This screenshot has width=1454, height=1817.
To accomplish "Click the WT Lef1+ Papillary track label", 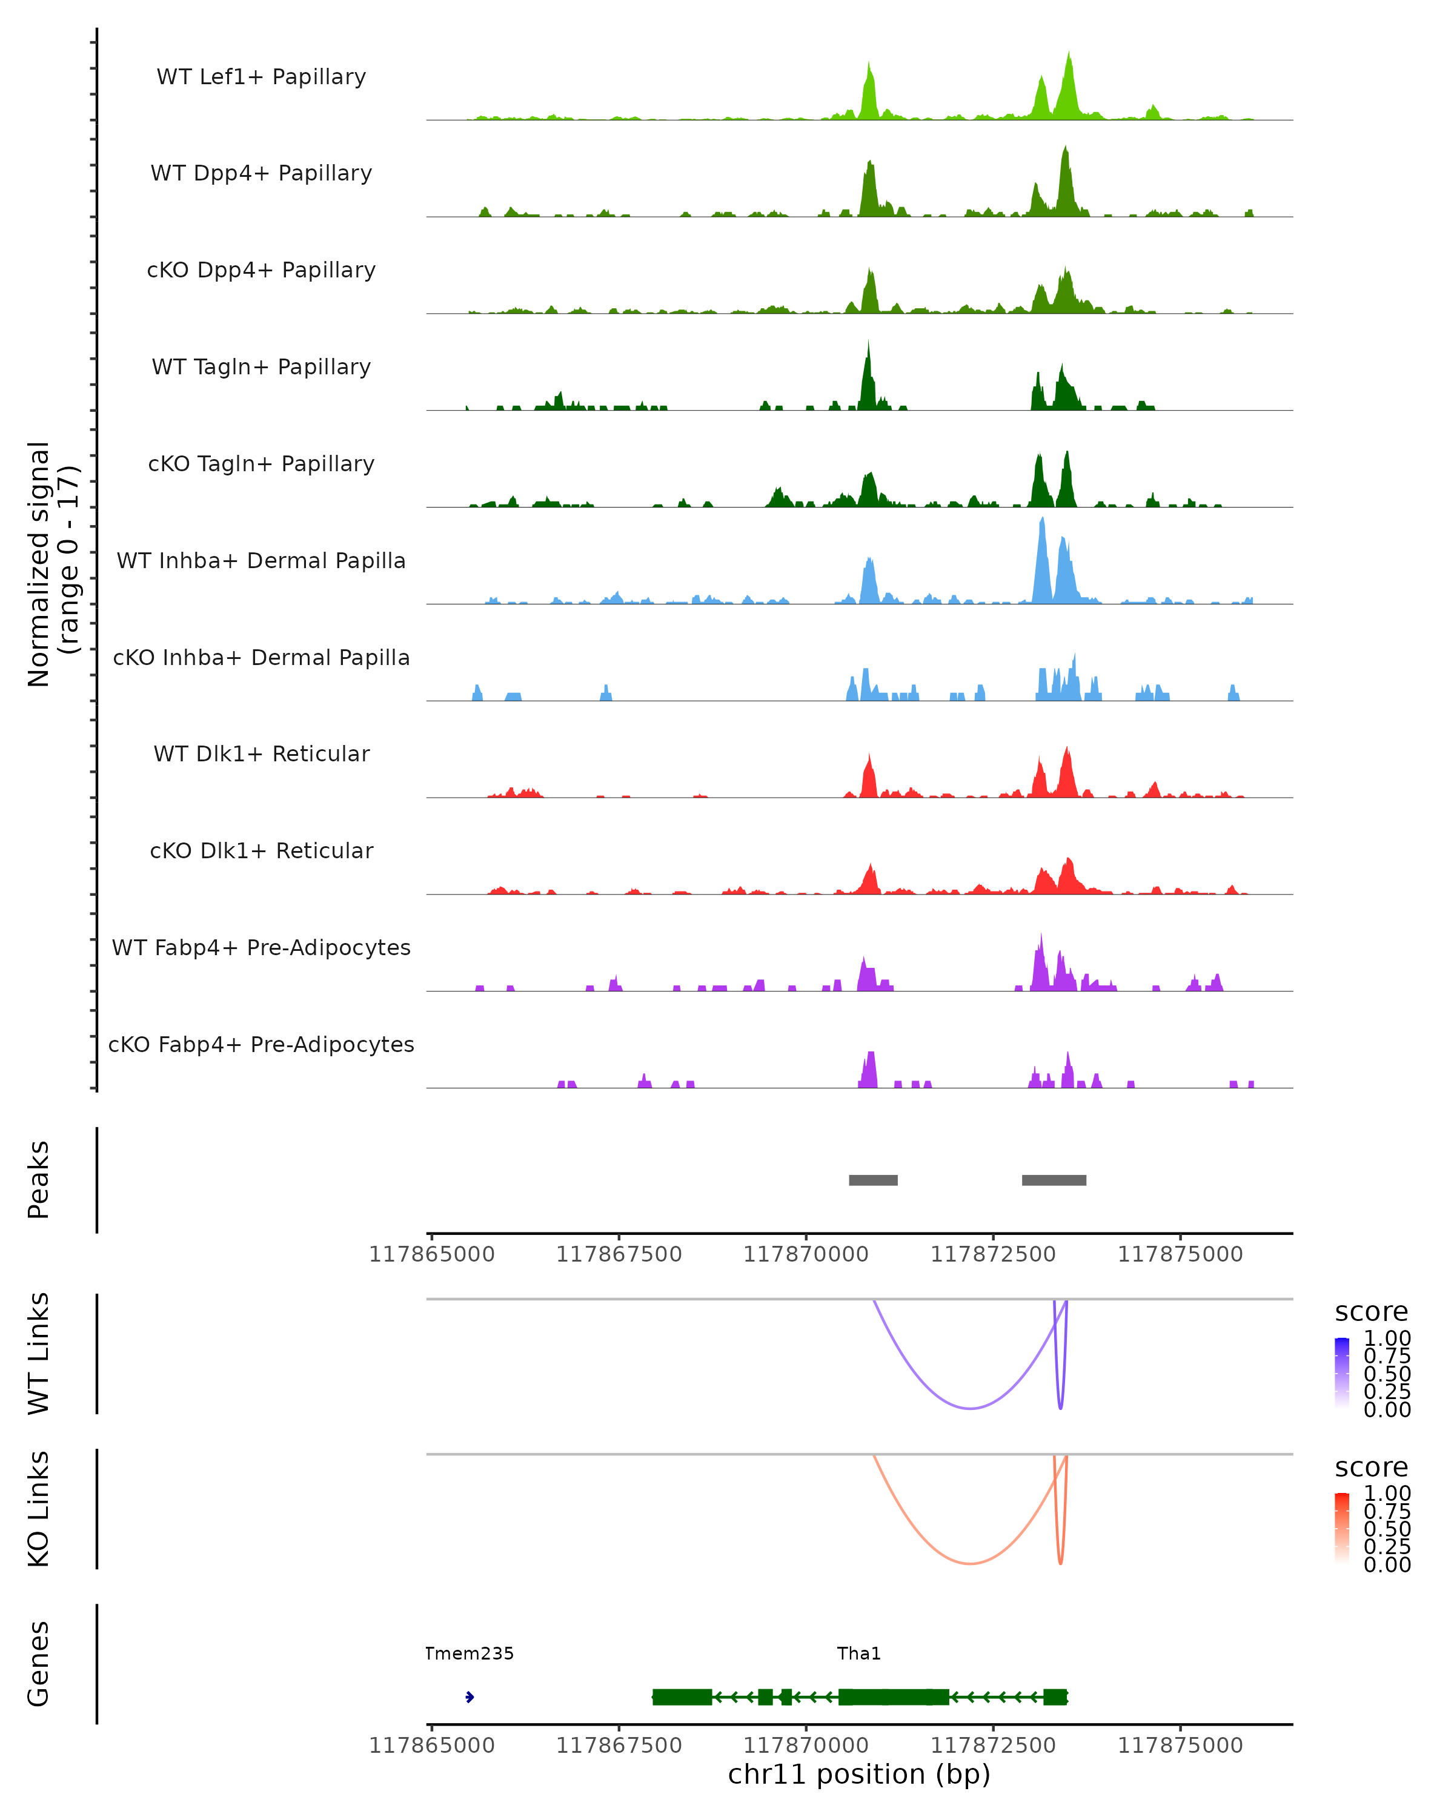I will (x=261, y=77).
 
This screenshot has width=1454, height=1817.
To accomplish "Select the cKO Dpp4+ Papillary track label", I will (x=261, y=271).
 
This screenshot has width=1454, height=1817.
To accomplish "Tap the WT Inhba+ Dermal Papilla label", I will (x=261, y=561).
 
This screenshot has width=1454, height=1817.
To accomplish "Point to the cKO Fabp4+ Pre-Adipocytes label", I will (x=261, y=1045).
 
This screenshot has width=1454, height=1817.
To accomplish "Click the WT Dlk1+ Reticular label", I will (x=261, y=754).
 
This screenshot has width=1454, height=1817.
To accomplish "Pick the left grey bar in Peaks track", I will (x=873, y=1180).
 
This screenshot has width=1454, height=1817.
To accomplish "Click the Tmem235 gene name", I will (x=469, y=1653).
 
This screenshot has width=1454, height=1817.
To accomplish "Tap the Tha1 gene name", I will (x=859, y=1653).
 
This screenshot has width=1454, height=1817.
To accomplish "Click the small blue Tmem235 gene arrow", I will (x=470, y=1697).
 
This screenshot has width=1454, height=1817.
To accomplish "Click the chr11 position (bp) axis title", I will (x=859, y=1775).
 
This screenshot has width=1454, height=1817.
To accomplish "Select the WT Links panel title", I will (x=39, y=1354).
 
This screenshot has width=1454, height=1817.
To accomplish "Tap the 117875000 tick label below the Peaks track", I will (x=1180, y=1255).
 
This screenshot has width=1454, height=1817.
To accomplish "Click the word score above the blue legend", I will (x=1372, y=1312).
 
